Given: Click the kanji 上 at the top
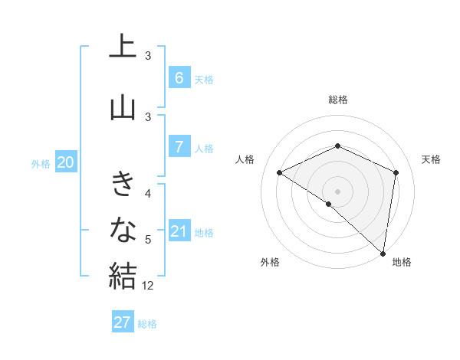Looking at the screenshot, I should pyautogui.click(x=123, y=47).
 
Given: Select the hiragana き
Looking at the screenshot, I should pyautogui.click(x=123, y=185).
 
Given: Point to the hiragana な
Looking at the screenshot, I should pyautogui.click(x=123, y=229).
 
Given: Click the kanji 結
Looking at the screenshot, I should pyautogui.click(x=123, y=275).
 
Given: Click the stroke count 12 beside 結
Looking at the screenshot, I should pyautogui.click(x=148, y=286).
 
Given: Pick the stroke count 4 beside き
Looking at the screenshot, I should pyautogui.click(x=148, y=193).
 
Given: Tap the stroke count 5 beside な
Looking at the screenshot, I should pyautogui.click(x=148, y=240).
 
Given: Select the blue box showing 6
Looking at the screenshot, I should pyautogui.click(x=179, y=77).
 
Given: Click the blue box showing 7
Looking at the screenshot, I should pyautogui.click(x=179, y=146).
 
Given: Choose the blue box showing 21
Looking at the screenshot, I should pyautogui.click(x=179, y=231).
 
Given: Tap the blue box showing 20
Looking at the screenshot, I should pyautogui.click(x=66, y=162).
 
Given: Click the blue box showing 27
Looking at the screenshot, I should pyautogui.click(x=123, y=322).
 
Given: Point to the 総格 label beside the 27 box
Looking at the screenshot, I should pyautogui.click(x=147, y=324).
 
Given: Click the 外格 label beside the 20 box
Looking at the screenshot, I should pyautogui.click(x=41, y=163).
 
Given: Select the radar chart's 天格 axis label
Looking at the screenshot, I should pyautogui.click(x=431, y=159).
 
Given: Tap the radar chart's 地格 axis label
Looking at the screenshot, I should pyautogui.click(x=402, y=262).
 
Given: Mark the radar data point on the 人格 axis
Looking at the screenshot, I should pyautogui.click(x=280, y=173).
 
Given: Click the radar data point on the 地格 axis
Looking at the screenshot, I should pyautogui.click(x=383, y=253).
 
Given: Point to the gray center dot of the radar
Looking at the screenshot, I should pyautogui.click(x=337, y=191).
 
